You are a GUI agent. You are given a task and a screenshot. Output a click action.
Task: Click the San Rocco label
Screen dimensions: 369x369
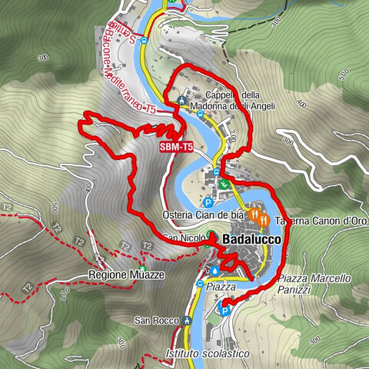(150, 320)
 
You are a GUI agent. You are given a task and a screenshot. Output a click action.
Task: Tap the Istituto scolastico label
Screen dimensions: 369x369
(208, 353)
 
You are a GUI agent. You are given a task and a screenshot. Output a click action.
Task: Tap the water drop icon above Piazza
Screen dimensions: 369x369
(214, 271)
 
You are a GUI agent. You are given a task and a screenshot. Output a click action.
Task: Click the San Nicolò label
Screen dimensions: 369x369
(181, 239)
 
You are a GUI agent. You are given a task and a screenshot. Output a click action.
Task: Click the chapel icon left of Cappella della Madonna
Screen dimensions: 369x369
(181, 100)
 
